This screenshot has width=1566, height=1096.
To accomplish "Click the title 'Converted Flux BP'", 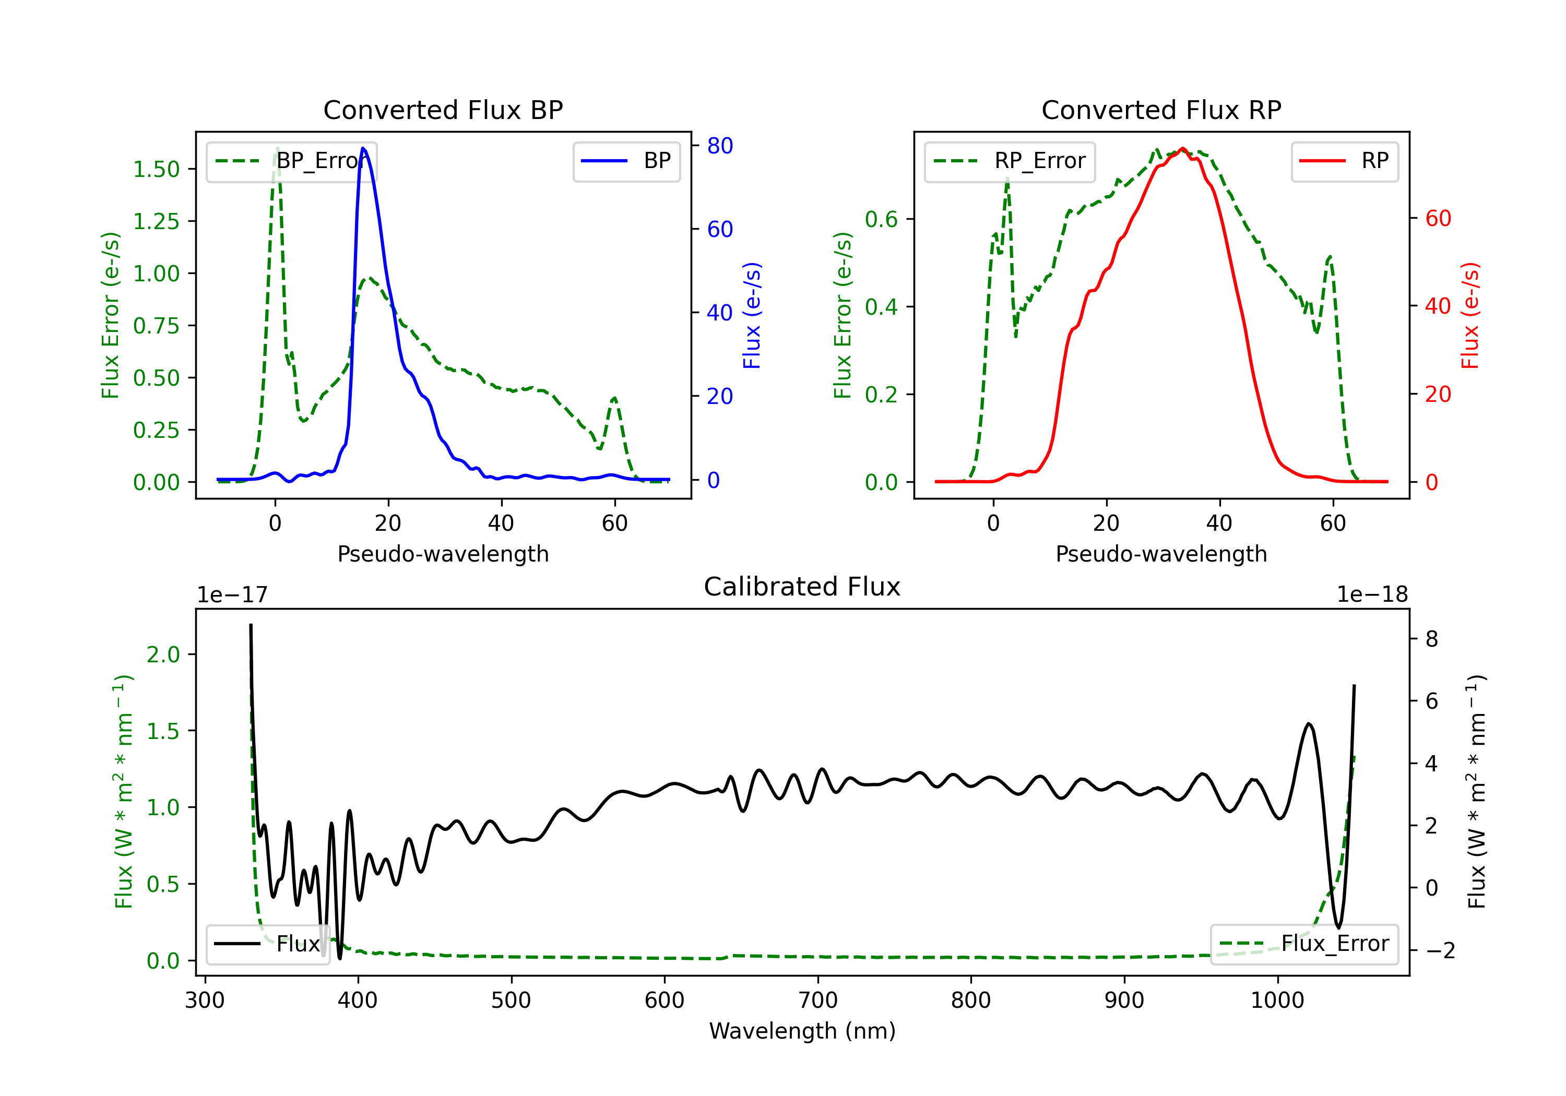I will pyautogui.click(x=443, y=110).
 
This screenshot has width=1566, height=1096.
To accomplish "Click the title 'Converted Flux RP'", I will pyautogui.click(x=1161, y=110).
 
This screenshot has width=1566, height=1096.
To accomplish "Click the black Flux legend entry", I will pyautogui.click(x=267, y=944).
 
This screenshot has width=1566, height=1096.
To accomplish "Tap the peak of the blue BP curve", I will pyautogui.click(x=363, y=148).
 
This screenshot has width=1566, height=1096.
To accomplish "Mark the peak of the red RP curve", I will pyautogui.click(x=1183, y=149).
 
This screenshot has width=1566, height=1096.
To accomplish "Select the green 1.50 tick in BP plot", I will pyautogui.click(x=156, y=169).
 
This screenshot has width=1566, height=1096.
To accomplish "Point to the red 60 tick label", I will pyautogui.click(x=1438, y=218).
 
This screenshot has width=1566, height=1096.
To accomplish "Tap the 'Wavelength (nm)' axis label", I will pyautogui.click(x=802, y=1031).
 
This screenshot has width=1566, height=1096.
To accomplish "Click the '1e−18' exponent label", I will pyautogui.click(x=1372, y=595).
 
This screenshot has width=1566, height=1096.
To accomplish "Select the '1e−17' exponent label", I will pyautogui.click(x=232, y=595).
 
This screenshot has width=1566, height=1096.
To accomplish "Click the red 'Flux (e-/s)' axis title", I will pyautogui.click(x=1470, y=315).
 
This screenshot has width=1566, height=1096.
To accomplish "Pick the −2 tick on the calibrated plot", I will pyautogui.click(x=1439, y=950).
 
